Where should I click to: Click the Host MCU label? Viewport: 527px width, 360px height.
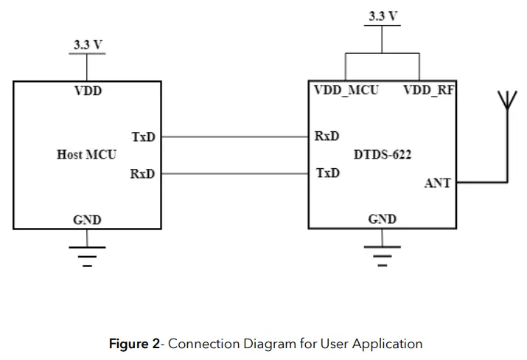[86, 155]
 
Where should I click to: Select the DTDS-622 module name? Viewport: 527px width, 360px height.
[383, 155]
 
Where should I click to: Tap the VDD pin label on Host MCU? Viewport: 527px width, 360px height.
[87, 91]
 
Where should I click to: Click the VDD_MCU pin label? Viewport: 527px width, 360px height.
[346, 91]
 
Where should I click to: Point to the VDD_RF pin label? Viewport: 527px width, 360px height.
[428, 91]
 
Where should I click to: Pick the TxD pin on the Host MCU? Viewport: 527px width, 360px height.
[143, 137]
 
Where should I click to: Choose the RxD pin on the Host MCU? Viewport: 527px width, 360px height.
[142, 173]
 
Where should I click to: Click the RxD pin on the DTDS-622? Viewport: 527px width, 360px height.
[327, 136]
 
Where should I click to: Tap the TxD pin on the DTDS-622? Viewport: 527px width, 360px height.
[327, 173]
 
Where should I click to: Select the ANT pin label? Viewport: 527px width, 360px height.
[437, 183]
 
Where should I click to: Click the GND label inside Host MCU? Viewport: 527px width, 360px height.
[87, 220]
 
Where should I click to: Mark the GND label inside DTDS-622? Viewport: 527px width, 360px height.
[382, 219]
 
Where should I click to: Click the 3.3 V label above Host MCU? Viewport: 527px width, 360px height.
[88, 45]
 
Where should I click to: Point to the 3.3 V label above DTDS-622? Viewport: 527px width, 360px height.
[383, 16]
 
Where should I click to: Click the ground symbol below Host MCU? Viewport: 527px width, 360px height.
[87, 255]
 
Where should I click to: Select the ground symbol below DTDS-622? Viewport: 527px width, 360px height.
[382, 255]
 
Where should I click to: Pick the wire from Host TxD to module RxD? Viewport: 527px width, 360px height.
[234, 137]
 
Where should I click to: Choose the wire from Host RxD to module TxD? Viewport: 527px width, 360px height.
[234, 174]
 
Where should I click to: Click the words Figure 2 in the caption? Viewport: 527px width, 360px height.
[134, 344]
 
